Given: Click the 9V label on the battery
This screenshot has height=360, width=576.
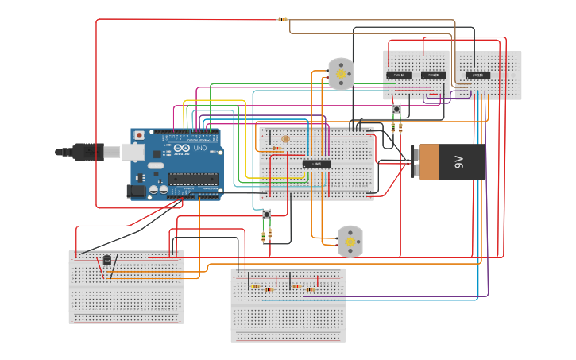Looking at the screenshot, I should [458, 161].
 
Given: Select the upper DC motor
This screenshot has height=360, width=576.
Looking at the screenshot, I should [341, 74].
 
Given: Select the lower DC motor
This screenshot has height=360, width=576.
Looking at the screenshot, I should [350, 241].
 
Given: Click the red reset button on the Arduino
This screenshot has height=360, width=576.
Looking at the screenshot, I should [140, 136].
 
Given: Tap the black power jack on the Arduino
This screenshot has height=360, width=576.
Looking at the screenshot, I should [137, 191].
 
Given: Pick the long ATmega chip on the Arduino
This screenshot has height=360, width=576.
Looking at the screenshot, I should [193, 178].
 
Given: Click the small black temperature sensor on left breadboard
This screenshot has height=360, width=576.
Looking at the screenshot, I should [107, 260].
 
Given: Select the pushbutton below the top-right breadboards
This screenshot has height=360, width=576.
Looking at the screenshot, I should [396, 109].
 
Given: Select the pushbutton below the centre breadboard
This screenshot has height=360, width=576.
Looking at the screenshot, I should [266, 215].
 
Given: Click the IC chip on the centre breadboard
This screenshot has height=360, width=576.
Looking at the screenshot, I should [317, 164].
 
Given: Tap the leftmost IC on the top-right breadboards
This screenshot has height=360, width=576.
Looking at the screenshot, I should [399, 75].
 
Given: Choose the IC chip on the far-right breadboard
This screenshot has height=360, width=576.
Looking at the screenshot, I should [478, 75].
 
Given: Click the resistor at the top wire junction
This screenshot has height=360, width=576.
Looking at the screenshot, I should [283, 20].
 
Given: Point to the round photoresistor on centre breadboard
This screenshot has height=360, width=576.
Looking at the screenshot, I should [286, 138].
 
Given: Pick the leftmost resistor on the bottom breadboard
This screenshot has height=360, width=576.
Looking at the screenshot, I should [255, 286].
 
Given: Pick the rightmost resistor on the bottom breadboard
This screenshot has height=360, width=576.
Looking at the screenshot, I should [310, 290].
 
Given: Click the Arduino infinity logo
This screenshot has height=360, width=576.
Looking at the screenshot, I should [180, 149].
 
